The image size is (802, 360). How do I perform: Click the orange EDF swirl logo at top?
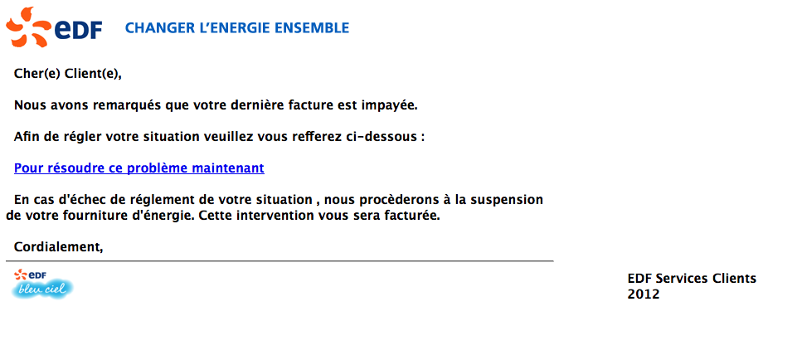click(x=27, y=27)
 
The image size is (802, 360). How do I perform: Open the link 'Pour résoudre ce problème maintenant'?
click(x=139, y=168)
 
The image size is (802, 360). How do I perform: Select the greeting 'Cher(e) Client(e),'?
click(x=68, y=74)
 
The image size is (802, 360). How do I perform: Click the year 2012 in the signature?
click(x=644, y=295)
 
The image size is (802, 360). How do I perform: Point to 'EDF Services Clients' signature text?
click(x=692, y=279)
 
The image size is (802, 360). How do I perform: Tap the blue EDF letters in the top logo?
click(x=78, y=30)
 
